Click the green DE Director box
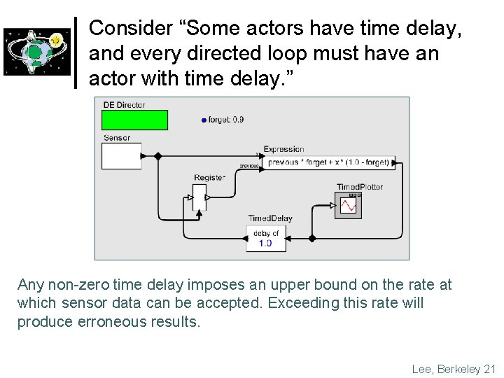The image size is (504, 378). (x=135, y=120)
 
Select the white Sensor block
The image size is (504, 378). (x=121, y=155)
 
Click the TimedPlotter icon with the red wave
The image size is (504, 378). (x=348, y=204)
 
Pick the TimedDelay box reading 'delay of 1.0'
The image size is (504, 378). (x=266, y=238)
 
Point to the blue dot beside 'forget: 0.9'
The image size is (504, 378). (x=204, y=120)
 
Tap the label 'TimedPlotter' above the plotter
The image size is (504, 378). (x=359, y=187)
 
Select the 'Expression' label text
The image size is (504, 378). (x=283, y=149)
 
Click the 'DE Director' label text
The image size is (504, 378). (x=124, y=105)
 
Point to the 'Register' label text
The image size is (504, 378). (x=209, y=178)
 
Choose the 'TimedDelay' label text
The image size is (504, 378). (x=270, y=218)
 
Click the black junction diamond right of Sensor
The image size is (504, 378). (x=157, y=155)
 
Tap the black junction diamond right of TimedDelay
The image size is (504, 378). (x=312, y=238)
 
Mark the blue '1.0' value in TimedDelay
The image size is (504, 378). (x=266, y=243)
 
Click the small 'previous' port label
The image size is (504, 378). (x=249, y=166)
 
